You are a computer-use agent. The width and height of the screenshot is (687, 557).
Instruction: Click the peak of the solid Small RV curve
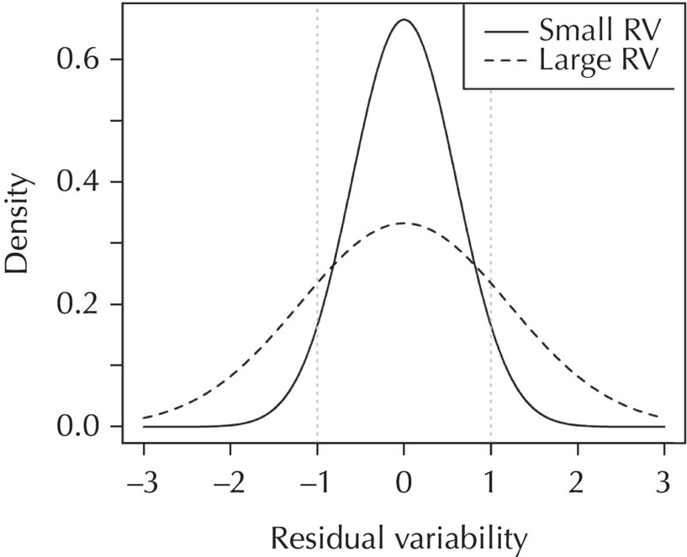pyautogui.click(x=404, y=19)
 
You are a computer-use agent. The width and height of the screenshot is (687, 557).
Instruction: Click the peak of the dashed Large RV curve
pyautogui.click(x=404, y=223)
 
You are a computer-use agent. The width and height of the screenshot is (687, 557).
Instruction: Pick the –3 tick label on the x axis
pyautogui.click(x=142, y=484)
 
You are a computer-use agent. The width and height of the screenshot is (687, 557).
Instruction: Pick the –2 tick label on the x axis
pyautogui.click(x=229, y=484)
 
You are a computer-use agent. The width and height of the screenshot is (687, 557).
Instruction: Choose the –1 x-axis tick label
pyautogui.click(x=315, y=484)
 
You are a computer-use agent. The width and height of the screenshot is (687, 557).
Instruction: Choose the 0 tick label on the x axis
pyautogui.click(x=404, y=484)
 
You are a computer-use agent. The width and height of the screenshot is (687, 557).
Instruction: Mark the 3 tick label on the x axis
pyautogui.click(x=664, y=484)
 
